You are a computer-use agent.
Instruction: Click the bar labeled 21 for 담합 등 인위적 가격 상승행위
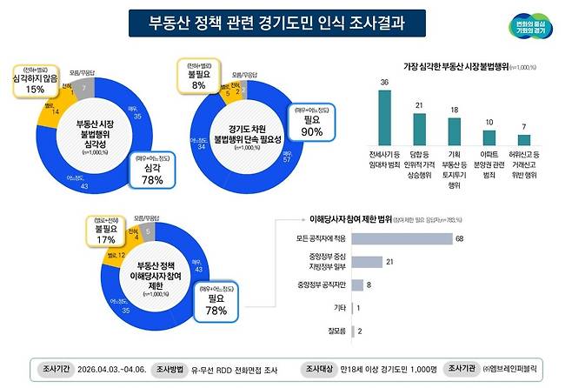pos(420,130)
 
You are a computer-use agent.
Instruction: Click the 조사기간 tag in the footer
pos(56,368)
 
